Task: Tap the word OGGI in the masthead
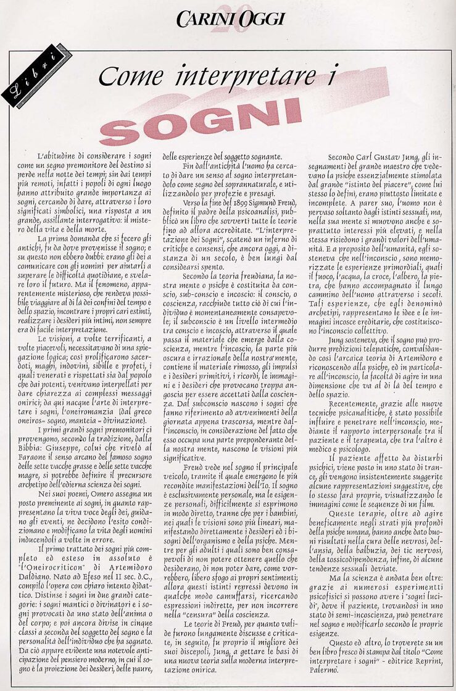(x=260, y=19)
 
